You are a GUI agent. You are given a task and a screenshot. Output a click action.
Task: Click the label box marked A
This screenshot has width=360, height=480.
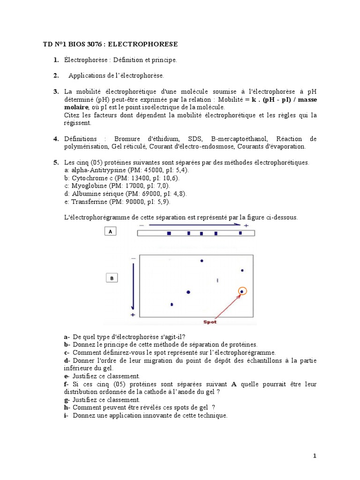[x=110, y=232]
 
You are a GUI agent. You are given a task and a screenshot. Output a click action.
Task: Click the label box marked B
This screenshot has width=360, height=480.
[x=112, y=278]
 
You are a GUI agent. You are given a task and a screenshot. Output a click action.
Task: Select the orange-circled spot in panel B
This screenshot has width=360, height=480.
[x=242, y=292]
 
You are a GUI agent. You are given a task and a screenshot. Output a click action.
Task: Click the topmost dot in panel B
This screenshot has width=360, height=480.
[x=202, y=261]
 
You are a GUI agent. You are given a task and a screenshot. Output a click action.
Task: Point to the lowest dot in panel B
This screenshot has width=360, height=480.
[x=172, y=305]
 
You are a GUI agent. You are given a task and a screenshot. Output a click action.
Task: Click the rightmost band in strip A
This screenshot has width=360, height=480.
[x=240, y=232]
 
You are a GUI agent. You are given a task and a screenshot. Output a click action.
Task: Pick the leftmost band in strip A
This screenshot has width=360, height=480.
[x=169, y=233]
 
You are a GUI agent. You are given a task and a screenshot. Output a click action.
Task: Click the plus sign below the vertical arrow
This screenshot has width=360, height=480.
[x=133, y=315]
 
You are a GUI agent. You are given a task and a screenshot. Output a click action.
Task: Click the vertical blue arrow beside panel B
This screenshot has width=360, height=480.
[x=133, y=286]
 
